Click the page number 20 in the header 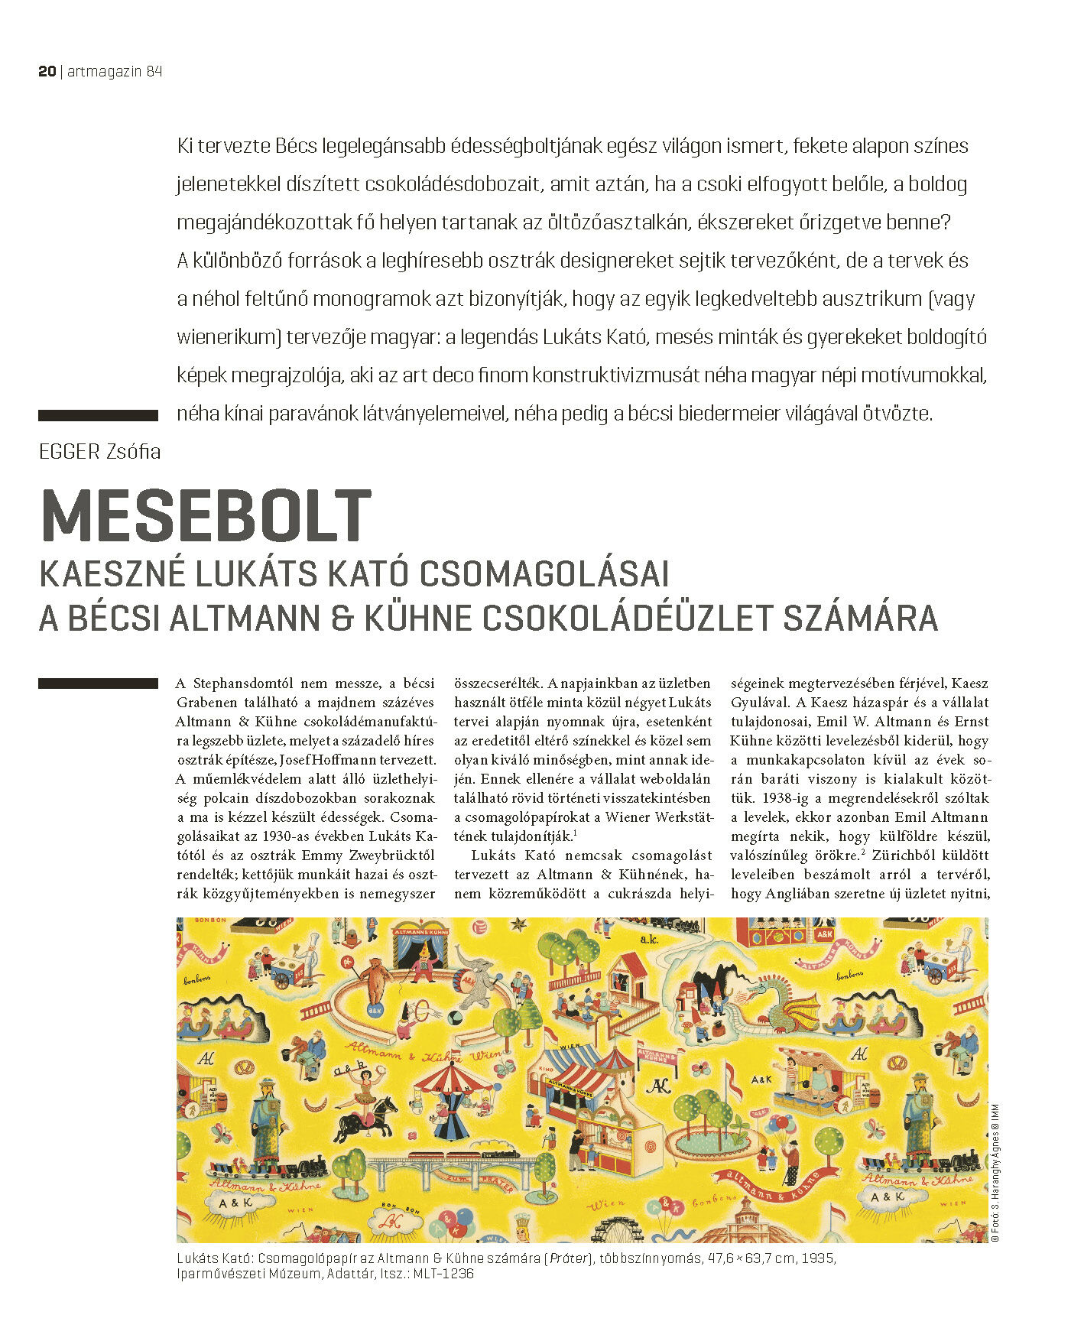click(47, 71)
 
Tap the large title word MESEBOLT click(206, 517)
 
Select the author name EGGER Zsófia click(99, 452)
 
